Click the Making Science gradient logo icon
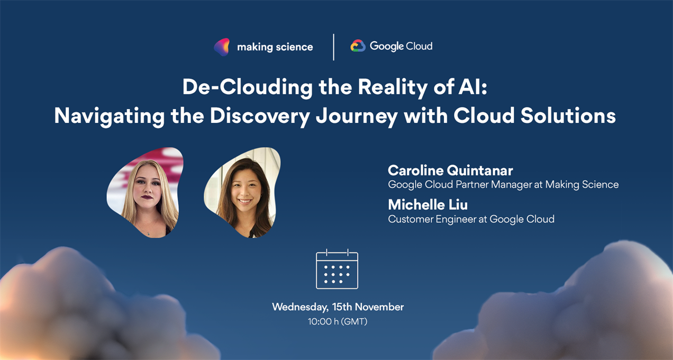[x=222, y=47]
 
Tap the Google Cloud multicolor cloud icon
[x=358, y=46]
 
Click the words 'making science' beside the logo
[x=275, y=47]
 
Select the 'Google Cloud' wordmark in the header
[x=401, y=46]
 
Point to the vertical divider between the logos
[x=333, y=47]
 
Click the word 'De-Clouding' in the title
[x=248, y=87]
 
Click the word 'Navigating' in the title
[x=110, y=116]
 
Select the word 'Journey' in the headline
[x=357, y=116]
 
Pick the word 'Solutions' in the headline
[x=568, y=116]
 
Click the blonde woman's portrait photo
[x=145, y=192]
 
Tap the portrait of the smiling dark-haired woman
[x=243, y=192]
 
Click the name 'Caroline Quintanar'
[x=450, y=170]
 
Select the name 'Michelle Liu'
[x=428, y=205]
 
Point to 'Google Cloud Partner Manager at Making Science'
[x=503, y=185]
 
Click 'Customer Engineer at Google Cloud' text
[x=471, y=219]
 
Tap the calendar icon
[x=337, y=269]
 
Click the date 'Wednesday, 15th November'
[x=338, y=307]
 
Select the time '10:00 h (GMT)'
[x=338, y=321]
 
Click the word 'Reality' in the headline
[x=393, y=87]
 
